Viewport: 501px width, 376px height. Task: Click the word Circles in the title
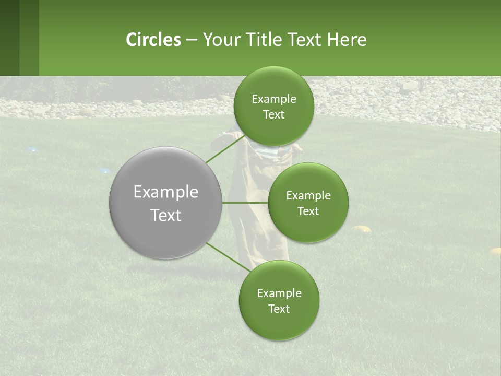coord(153,40)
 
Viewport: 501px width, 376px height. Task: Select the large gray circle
coord(165,203)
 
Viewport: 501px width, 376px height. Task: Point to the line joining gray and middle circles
coord(245,203)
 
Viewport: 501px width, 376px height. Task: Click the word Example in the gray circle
coord(165,192)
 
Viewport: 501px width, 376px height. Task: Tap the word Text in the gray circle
coord(165,215)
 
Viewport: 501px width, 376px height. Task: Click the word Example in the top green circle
coord(273,99)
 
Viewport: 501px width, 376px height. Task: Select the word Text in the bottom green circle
coord(279,309)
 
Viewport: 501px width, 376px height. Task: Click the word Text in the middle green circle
coord(308,211)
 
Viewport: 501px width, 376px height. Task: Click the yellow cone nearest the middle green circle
coord(361,228)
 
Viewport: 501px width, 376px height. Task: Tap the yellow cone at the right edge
coord(495,251)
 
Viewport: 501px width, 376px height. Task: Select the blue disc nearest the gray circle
coord(104,170)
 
